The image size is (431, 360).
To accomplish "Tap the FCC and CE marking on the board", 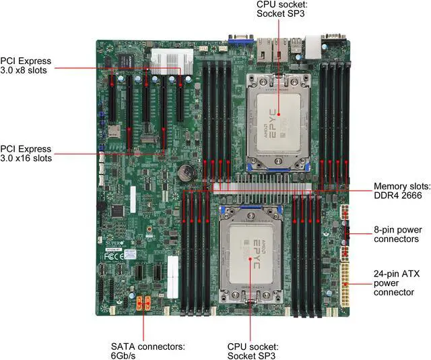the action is (117, 255).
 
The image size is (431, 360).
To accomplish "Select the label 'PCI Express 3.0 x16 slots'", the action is (26, 152).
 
